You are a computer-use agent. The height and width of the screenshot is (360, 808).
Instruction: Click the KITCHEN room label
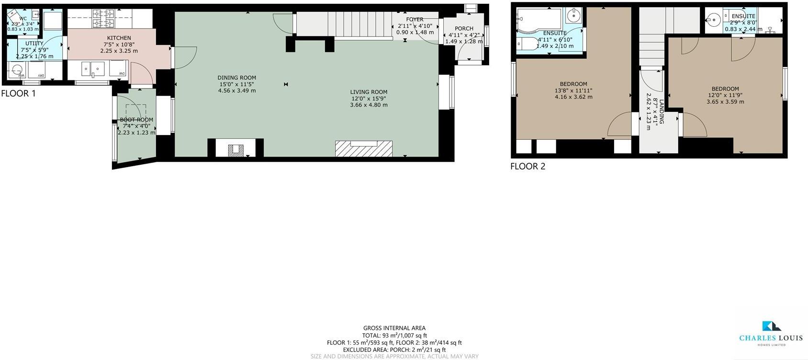[119, 38]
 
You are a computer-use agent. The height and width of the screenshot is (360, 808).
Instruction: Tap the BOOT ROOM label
[136, 120]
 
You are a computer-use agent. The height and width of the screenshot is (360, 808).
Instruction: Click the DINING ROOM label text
[236, 78]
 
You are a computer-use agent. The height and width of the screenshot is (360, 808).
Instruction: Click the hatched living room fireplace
[364, 149]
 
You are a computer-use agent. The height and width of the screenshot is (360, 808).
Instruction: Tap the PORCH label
[464, 29]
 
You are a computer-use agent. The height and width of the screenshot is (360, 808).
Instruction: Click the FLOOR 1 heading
[18, 94]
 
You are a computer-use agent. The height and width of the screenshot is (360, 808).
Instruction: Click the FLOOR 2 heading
[527, 167]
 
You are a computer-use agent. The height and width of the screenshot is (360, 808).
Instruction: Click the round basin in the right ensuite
[715, 20]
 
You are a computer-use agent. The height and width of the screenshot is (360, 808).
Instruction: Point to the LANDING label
[661, 112]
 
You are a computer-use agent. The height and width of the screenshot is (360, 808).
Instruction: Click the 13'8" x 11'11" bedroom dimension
[573, 90]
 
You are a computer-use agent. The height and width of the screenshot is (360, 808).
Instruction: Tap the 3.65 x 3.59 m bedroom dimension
[725, 101]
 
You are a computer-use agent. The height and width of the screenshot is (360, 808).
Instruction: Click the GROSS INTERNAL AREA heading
[394, 328]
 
